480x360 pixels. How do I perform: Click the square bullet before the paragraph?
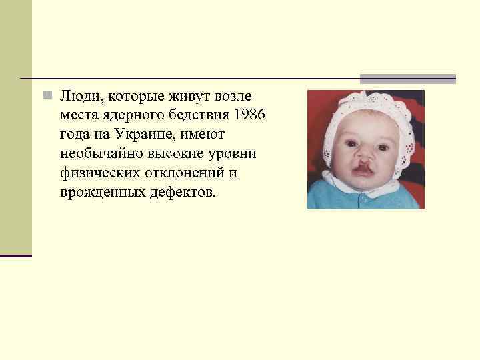click(x=45, y=96)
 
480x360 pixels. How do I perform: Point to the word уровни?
click(x=233, y=154)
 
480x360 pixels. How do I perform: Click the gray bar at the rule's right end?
click(x=407, y=79)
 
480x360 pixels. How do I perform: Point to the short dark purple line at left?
click(x=15, y=255)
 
